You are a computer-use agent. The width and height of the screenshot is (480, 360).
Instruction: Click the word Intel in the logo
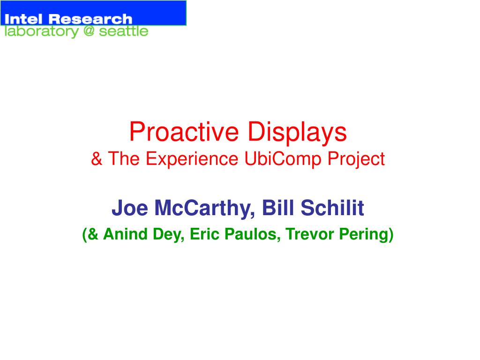coord(23,19)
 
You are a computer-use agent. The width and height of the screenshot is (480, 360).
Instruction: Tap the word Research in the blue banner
coord(90,19)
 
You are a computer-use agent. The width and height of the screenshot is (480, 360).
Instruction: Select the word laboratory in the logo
coord(42,31)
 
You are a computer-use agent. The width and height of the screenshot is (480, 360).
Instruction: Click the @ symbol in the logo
coord(89,30)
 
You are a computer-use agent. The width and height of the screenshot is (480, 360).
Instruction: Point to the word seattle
coord(124,31)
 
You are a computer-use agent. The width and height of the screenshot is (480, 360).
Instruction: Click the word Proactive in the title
coord(184,132)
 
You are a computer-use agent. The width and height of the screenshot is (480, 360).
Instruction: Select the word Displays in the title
coord(297,132)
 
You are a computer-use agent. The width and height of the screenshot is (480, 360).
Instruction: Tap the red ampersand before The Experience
coord(97,159)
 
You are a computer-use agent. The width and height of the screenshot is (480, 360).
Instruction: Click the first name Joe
coord(130,208)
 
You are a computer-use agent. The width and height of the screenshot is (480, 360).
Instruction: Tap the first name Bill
coord(278,208)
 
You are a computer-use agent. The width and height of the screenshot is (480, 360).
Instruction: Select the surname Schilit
coord(332,208)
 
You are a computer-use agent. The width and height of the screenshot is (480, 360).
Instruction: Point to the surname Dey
coord(169,235)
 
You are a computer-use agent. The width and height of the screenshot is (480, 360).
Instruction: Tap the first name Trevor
coord(309,234)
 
